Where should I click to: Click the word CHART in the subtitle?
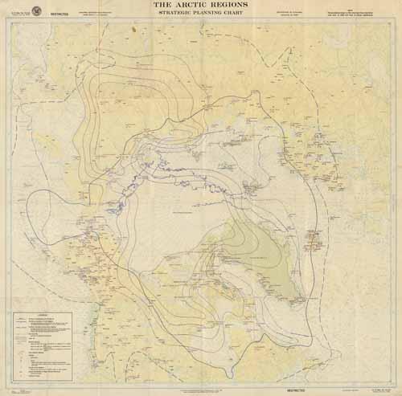pos(236,14)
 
